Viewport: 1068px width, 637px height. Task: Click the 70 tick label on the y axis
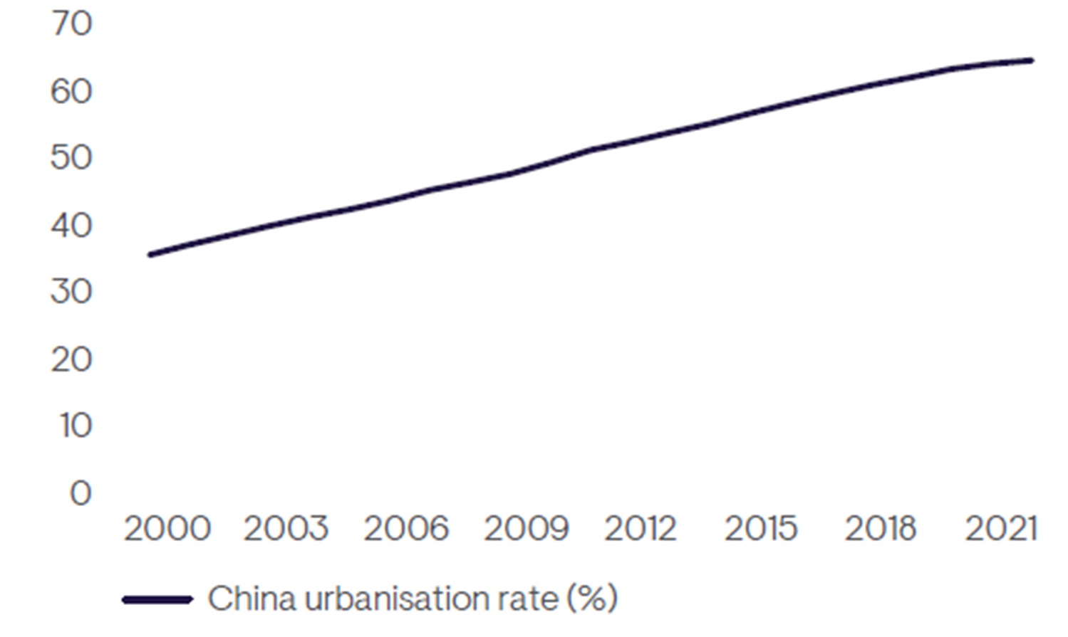coord(71,23)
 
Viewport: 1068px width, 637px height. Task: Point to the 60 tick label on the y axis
coord(71,91)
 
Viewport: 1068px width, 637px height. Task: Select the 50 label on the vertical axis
coord(71,158)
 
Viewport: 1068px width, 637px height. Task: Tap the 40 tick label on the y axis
coord(71,225)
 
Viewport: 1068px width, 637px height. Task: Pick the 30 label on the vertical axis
coord(71,292)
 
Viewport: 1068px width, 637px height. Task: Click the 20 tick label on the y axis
coord(71,359)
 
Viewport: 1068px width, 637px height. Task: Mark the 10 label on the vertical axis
coord(76,426)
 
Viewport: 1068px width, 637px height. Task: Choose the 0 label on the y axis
coord(81,493)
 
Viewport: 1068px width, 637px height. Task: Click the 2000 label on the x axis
coord(167,528)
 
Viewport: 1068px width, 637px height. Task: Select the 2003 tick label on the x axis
coord(286,528)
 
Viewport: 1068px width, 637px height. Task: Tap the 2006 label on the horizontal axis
coord(406,528)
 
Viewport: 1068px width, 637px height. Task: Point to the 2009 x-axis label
coord(527,528)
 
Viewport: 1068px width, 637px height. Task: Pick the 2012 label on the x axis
coord(641,528)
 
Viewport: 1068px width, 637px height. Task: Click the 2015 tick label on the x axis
coord(761,528)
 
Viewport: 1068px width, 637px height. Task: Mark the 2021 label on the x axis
coord(1001,528)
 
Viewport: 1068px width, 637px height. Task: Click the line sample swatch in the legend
coord(158,599)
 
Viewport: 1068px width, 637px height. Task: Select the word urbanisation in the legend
coord(397,598)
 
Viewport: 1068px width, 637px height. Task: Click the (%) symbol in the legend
coord(592,599)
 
